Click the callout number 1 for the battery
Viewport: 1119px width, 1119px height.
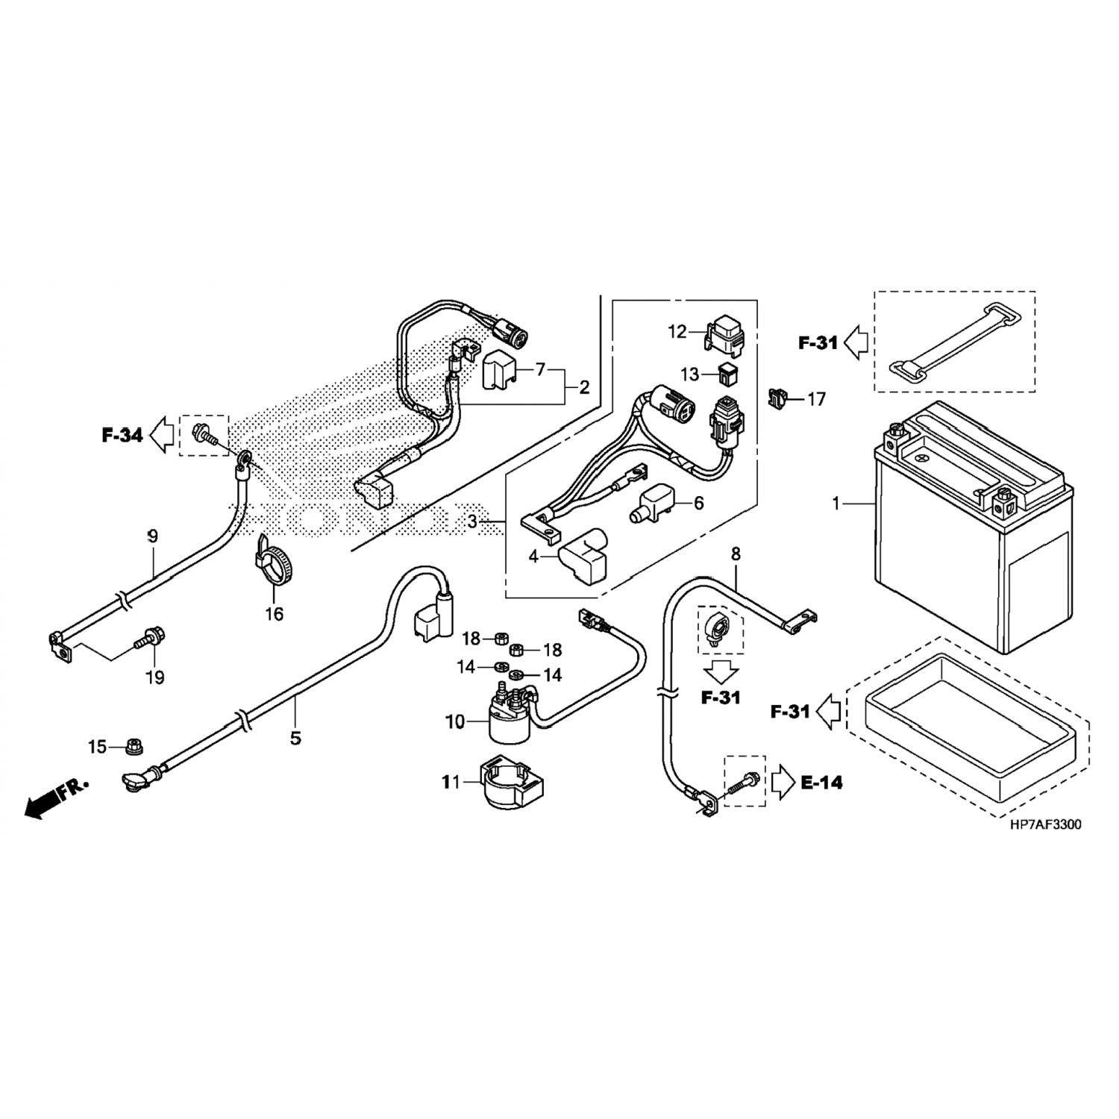(836, 504)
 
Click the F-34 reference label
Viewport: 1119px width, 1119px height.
(122, 434)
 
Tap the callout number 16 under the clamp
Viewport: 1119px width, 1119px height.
(274, 614)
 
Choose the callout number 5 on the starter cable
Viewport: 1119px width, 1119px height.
(295, 738)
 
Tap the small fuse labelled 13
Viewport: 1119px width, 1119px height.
(727, 374)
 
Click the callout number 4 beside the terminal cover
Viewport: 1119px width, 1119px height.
(533, 557)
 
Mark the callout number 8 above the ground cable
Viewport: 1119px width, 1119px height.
(736, 554)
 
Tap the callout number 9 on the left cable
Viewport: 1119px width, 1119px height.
(152, 535)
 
